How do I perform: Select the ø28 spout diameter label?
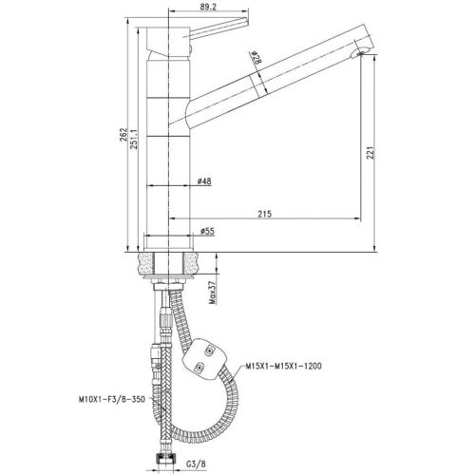pos(257,59)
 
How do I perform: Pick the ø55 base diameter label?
pos(205,230)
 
